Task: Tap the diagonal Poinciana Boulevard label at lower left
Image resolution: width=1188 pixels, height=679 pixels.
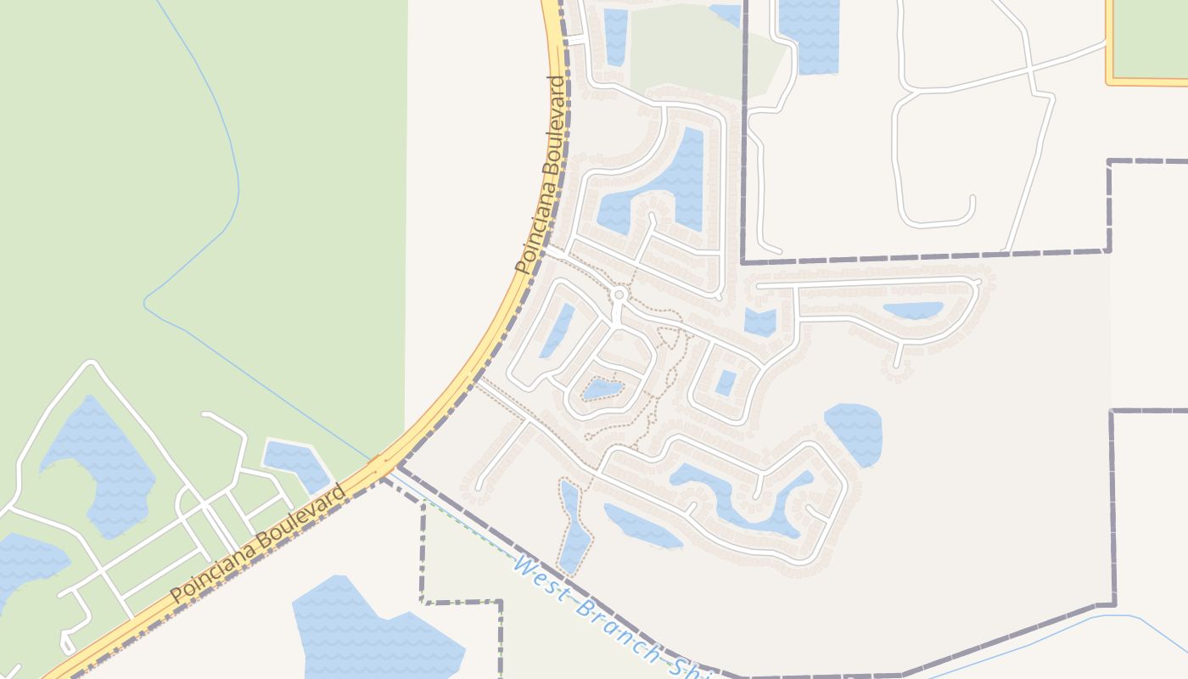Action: point(259,543)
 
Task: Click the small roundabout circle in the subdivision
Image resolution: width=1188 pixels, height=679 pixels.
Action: point(619,295)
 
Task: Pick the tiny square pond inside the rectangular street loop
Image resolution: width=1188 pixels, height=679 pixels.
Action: point(725,383)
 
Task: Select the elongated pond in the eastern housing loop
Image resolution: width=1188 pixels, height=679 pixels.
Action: point(913,311)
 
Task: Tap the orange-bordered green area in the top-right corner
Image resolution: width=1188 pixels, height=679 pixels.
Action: point(1150,38)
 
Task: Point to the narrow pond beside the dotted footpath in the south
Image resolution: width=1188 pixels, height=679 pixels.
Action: point(573,526)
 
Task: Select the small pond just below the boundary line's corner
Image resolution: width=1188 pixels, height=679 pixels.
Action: point(760,322)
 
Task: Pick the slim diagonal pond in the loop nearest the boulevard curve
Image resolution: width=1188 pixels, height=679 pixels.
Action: point(558,329)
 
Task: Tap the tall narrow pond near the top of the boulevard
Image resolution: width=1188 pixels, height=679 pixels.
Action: point(616,36)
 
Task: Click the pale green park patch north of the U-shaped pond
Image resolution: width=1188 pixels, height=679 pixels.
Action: point(687,51)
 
